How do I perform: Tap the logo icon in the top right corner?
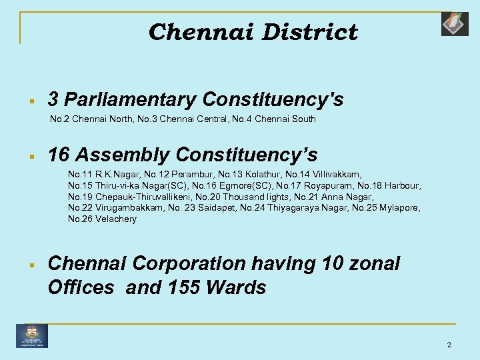pyautogui.click(x=455, y=23)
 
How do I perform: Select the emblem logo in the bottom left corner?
pyautogui.click(x=32, y=335)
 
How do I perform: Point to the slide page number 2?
pyautogui.click(x=449, y=345)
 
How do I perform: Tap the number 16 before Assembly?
pyautogui.click(x=59, y=155)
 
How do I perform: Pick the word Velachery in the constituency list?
pyautogui.click(x=115, y=219)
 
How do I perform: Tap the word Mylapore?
pyautogui.click(x=401, y=207)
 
